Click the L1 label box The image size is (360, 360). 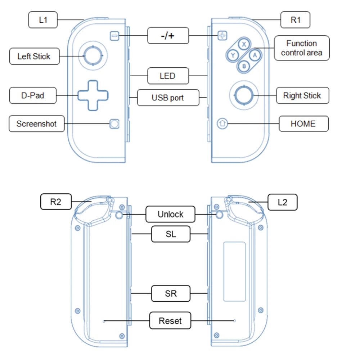pyautogui.click(x=43, y=20)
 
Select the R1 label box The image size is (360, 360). pyautogui.click(x=295, y=20)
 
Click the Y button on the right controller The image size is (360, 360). pyautogui.click(x=233, y=55)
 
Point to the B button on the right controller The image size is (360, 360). pyautogui.click(x=244, y=66)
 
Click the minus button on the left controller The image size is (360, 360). pyautogui.click(x=114, y=36)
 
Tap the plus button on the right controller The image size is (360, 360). pyautogui.click(x=222, y=36)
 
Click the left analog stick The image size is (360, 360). pyautogui.click(x=93, y=56)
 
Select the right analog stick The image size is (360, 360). pyautogui.click(x=244, y=95)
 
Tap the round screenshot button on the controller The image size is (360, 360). pyautogui.click(x=114, y=124)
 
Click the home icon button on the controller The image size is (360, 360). pyautogui.click(x=222, y=124)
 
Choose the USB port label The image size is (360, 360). pyautogui.click(x=168, y=98)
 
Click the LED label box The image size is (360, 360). pyautogui.click(x=168, y=76)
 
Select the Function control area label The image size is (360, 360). pyautogui.click(x=301, y=48)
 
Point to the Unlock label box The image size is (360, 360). pyautogui.click(x=170, y=214)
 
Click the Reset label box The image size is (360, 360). pyautogui.click(x=170, y=321)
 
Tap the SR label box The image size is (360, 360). pyautogui.click(x=170, y=293)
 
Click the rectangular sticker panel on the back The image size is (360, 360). pyautogui.click(x=234, y=271)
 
